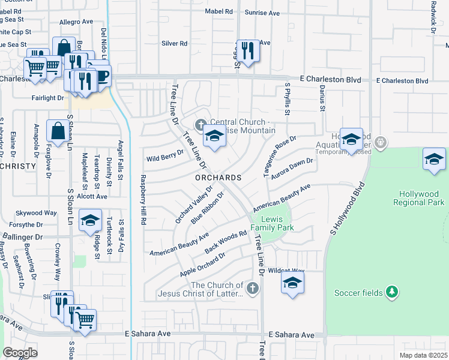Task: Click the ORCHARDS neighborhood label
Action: point(217,178)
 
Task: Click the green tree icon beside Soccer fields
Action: point(391,292)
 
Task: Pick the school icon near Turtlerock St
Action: point(90,221)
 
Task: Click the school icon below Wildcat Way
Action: point(292,283)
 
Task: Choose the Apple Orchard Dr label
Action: point(202,264)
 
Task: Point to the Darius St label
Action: point(322,101)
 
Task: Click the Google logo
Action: point(20,353)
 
